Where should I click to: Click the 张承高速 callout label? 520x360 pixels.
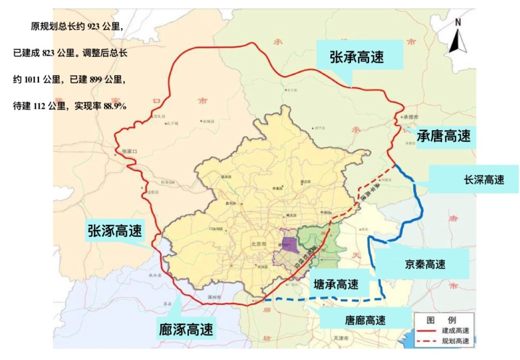coord(357,58)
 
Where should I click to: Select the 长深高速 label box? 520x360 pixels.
coord(484,180)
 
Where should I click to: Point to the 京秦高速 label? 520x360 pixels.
coord(425,264)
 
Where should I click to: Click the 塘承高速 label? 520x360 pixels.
coord(336,284)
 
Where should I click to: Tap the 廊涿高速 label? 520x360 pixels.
coord(186,329)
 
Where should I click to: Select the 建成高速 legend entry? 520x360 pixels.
coord(455,330)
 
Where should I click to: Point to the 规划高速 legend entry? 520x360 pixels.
coord(455,341)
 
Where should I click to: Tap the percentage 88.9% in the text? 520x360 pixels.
coord(115,106)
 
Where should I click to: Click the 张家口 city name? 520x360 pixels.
coord(128,151)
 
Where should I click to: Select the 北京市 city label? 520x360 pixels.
coord(258,243)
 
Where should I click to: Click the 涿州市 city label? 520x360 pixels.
coord(214,297)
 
